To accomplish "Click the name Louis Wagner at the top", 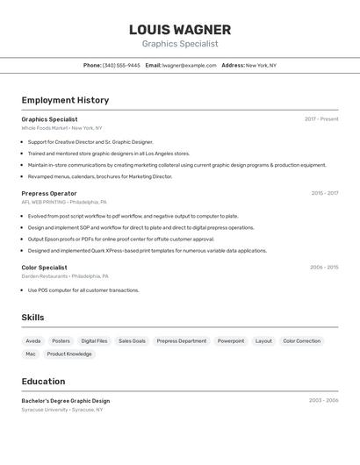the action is pos(179,30).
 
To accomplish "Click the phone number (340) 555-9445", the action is pos(121,65).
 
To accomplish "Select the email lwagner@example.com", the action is pos(190,65).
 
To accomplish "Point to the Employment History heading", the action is pos(65,100).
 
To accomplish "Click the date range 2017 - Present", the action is pos(321,118).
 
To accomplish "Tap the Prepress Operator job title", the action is pos(49,193).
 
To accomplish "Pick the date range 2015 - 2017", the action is pos(325,193).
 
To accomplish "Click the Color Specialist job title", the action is pos(44,268).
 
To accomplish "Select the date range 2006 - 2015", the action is pos(324,268).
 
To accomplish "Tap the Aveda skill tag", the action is pos(33,340).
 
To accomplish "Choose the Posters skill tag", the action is pos(61,340).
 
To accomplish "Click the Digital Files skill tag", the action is pos(94,340).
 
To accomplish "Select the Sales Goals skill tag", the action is pos(132,340).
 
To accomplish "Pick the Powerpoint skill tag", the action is pos(231,340).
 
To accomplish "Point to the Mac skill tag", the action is pos(31,354).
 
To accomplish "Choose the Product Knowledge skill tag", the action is pos(69,354).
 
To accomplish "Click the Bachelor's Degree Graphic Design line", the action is pos(66,401).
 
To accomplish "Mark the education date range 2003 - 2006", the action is pos(324,401).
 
